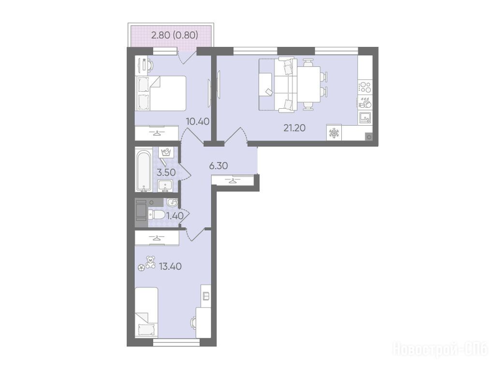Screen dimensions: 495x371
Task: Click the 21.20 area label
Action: [x=294, y=128]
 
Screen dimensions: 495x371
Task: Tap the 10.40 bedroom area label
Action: [x=198, y=121]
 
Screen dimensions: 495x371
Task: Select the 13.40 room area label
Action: [x=170, y=267]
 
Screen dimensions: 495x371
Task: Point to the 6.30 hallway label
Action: [x=218, y=166]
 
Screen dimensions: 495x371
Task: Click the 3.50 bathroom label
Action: [x=166, y=172]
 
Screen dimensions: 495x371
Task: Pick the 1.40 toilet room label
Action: [x=175, y=216]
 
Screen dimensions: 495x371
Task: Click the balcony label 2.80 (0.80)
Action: [x=175, y=35]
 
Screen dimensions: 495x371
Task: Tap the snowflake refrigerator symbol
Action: [x=334, y=133]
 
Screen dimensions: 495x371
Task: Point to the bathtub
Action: [x=144, y=171]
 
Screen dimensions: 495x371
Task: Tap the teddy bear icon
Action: [x=151, y=262]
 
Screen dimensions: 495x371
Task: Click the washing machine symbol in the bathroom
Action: [x=166, y=153]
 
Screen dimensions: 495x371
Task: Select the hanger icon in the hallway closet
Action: [x=233, y=181]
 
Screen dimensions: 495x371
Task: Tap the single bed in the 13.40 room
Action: [x=146, y=313]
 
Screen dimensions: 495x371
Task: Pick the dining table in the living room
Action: [x=309, y=84]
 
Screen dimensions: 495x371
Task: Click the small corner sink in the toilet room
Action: [x=172, y=202]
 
